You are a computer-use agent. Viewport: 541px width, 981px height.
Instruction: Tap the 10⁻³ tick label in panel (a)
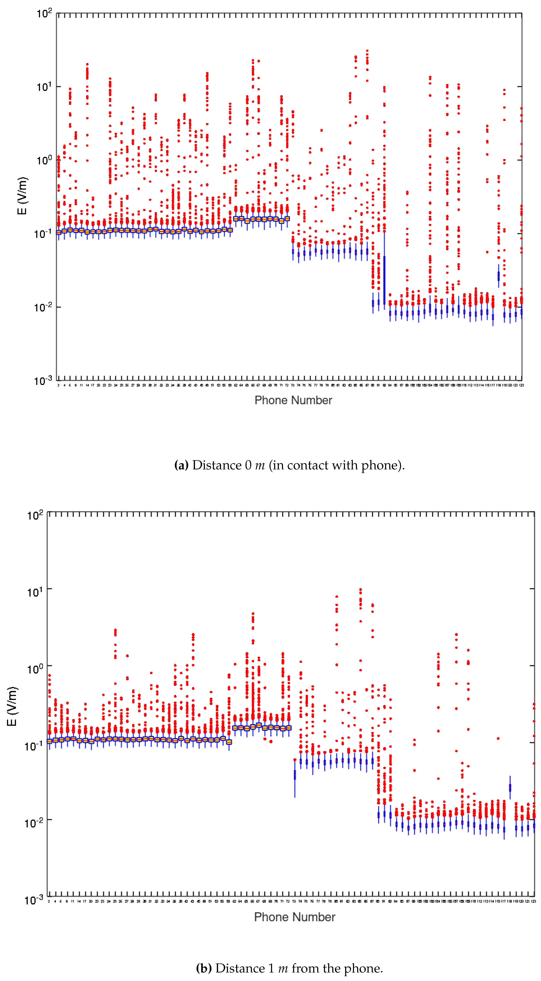43,380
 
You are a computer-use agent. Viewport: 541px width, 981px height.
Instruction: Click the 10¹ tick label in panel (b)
35,592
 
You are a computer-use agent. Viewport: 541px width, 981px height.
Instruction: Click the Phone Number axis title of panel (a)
293,400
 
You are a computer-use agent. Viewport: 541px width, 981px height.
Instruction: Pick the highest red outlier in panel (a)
367,50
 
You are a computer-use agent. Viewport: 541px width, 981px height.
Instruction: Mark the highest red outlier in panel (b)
361,589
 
